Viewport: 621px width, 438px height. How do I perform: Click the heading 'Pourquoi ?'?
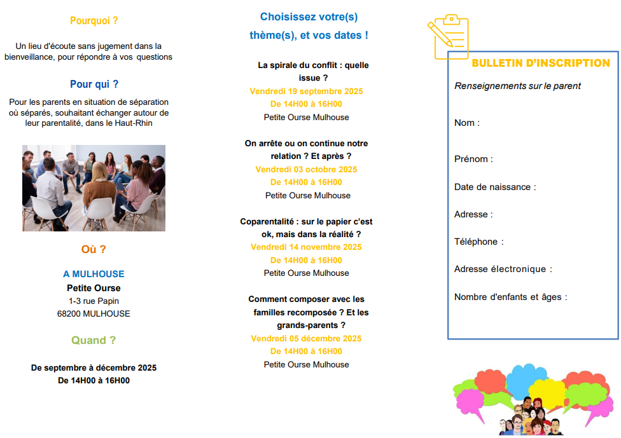(94, 20)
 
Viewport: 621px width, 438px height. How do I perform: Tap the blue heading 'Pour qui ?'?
(94, 84)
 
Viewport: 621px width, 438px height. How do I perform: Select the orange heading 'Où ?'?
(94, 249)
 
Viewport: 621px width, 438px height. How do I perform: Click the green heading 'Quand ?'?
(94, 340)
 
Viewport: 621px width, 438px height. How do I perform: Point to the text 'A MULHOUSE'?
(94, 274)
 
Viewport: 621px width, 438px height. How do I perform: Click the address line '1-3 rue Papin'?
(94, 301)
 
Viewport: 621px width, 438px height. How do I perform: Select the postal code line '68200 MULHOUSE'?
(94, 313)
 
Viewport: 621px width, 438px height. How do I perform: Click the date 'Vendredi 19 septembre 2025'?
(306, 91)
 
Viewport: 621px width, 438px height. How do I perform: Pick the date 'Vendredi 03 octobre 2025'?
(306, 169)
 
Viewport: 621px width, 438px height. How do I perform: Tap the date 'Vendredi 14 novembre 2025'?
(306, 247)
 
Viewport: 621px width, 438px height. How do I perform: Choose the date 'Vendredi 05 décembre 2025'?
(306, 338)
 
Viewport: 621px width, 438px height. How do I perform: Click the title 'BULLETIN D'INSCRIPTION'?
(540, 64)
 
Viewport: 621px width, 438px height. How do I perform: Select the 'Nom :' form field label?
(467, 123)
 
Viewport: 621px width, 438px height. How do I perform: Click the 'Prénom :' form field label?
(473, 159)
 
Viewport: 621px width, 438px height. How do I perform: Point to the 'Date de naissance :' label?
(495, 187)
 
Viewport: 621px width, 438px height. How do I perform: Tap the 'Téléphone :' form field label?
(478, 242)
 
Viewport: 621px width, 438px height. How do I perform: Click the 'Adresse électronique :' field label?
(503, 269)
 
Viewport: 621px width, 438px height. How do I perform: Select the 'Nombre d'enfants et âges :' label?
(510, 297)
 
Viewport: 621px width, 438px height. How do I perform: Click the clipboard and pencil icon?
(448, 38)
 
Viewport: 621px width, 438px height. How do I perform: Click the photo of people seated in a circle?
(94, 188)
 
